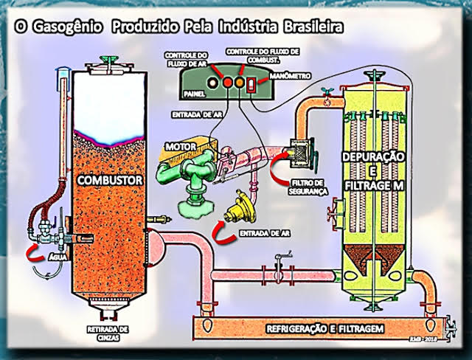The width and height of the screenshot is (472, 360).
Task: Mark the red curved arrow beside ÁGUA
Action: coord(34,255)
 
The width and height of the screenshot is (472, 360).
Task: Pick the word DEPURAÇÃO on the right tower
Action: coord(374,158)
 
